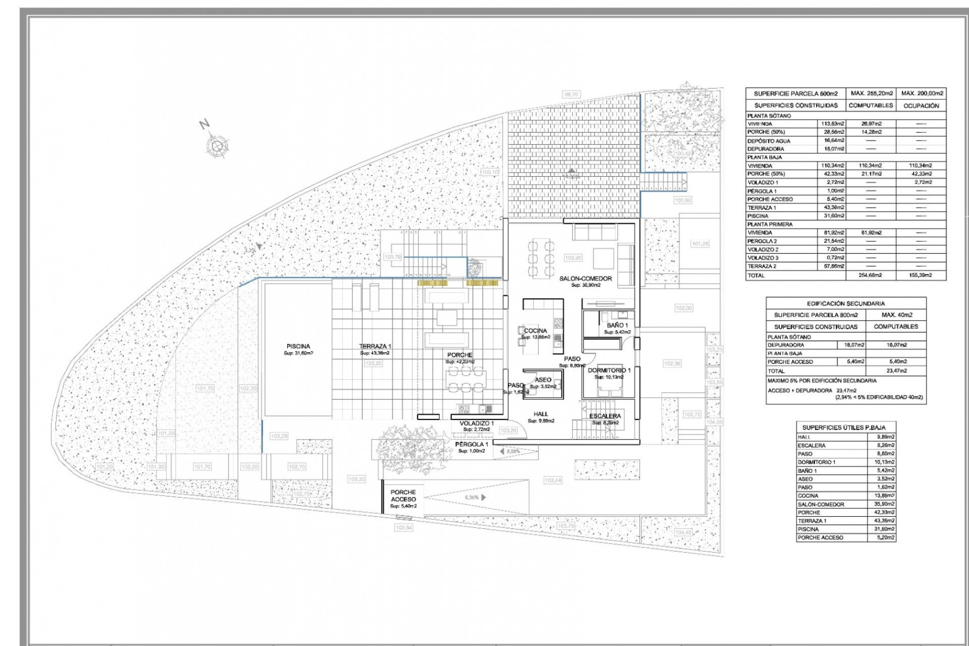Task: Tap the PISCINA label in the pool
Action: click(298, 346)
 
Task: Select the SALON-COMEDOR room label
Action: click(585, 279)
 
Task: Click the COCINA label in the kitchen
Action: click(535, 331)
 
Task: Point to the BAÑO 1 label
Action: click(617, 326)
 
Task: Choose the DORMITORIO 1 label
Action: click(609, 370)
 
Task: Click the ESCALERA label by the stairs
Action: click(605, 416)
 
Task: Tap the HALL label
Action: click(541, 414)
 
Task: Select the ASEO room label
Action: click(543, 380)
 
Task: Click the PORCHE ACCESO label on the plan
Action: click(403, 496)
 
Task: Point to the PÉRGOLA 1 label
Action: click(471, 445)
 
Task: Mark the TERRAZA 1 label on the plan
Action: click(375, 346)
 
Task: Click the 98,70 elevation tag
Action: click(571, 94)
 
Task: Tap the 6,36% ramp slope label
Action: click(471, 498)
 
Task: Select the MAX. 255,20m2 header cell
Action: click(872, 93)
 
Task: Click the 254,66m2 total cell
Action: click(871, 276)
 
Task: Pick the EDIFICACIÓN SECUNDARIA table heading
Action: click(845, 303)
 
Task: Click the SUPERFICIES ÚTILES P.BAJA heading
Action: click(844, 427)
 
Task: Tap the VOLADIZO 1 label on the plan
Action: click(476, 423)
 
